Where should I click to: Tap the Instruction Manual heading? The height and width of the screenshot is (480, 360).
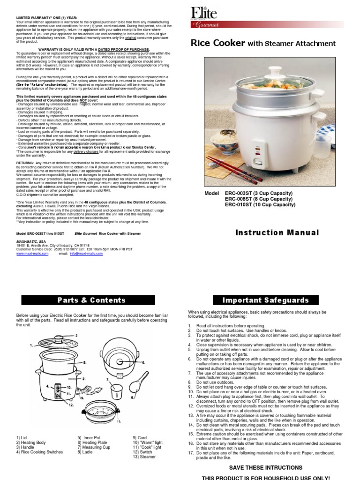(277, 233)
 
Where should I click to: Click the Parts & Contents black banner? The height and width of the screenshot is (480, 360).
(91, 300)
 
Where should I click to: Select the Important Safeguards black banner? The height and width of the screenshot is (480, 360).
(265, 300)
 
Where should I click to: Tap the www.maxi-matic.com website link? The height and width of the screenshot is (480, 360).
(32, 253)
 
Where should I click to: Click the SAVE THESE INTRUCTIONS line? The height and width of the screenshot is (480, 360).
(265, 468)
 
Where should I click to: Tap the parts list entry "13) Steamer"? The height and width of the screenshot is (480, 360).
(143, 457)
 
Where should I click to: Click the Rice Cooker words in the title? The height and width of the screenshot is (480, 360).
(217, 44)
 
